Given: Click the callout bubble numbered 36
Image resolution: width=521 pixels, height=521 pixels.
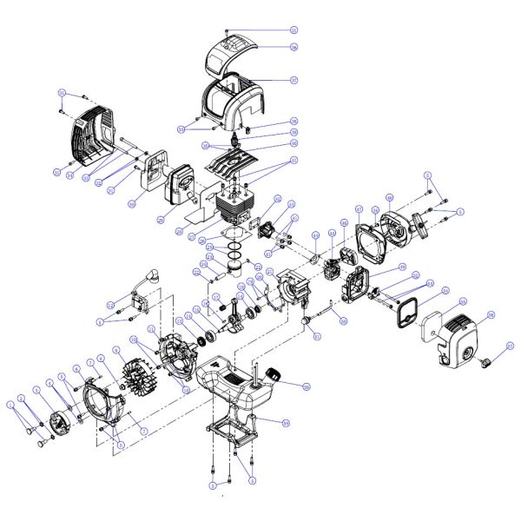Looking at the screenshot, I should pyautogui.click(x=293, y=47).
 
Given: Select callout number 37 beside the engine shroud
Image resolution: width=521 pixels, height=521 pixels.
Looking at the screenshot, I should pyautogui.click(x=293, y=81).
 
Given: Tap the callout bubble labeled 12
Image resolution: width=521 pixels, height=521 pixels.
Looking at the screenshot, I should pyautogui.click(x=111, y=305).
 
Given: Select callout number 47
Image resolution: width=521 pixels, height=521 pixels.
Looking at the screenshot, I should pyautogui.click(x=358, y=208).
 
